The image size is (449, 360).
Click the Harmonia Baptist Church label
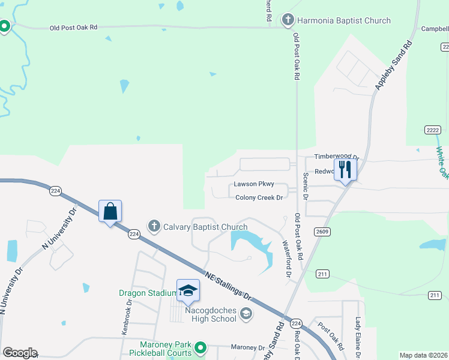[343, 20]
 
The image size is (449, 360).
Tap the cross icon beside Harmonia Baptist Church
[288, 20]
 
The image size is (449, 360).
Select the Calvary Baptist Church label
[205, 227]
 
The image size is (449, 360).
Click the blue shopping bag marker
[110, 212]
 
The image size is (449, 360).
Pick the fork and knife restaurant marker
[345, 169]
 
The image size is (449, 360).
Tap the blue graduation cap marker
[188, 291]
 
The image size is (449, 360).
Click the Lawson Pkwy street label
[253, 184]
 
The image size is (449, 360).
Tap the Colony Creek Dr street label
[259, 197]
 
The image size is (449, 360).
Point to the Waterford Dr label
[287, 259]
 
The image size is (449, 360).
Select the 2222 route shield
[432, 130]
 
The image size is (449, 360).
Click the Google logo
[20, 353]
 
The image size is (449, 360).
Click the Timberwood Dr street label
[336, 157]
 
